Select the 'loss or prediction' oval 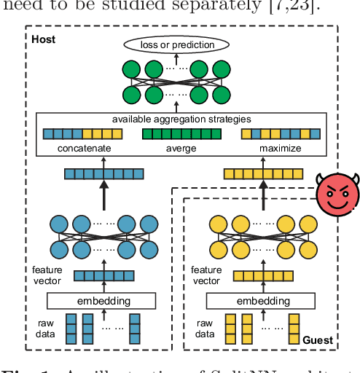click(179, 45)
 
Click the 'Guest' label click(317, 340)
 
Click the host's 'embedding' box click(101, 300)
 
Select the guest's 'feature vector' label click(206, 275)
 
